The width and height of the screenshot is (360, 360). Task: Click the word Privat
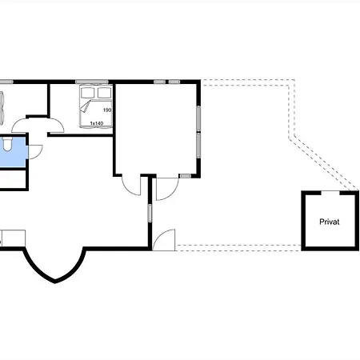pyautogui.click(x=330, y=222)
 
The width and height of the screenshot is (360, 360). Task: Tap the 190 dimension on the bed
pyautogui.click(x=107, y=110)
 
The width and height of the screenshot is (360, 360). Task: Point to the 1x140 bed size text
pyautogui.click(x=97, y=123)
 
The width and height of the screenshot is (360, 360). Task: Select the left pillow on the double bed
pyautogui.click(x=88, y=93)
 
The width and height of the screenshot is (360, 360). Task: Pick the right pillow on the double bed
pyautogui.click(x=104, y=93)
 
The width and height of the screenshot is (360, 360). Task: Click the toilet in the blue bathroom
pyautogui.click(x=7, y=144)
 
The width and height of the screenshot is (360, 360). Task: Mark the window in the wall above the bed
pyautogui.click(x=92, y=82)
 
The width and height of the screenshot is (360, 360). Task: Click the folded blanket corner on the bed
pyautogui.click(x=86, y=106)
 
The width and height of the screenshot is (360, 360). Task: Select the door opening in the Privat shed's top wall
pyautogui.click(x=330, y=193)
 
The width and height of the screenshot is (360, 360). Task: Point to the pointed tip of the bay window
pyautogui.click(x=54, y=282)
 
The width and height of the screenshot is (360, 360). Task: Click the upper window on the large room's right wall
pyautogui.click(x=198, y=118)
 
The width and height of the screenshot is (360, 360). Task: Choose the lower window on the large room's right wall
pyautogui.click(x=198, y=146)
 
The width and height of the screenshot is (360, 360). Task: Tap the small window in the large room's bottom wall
pyautogui.click(x=186, y=176)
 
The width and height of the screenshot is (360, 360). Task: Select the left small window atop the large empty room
pyautogui.click(x=159, y=82)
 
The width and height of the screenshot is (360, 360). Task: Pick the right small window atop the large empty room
pyautogui.click(x=174, y=82)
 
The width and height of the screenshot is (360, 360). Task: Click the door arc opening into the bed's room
pyautogui.click(x=56, y=125)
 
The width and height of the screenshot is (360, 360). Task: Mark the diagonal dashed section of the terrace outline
pyautogui.click(x=324, y=163)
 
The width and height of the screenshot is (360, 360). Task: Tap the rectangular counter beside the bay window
pyautogui.click(x=14, y=238)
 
